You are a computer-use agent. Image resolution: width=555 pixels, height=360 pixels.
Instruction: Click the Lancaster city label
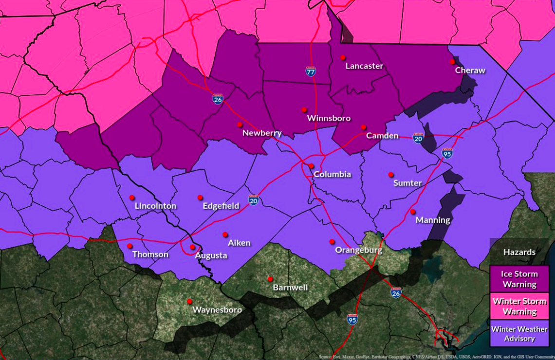point(364,66)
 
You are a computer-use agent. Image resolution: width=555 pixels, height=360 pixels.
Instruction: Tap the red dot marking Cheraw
point(452,62)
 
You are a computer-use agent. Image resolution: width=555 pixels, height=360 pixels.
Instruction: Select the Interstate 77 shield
point(311,72)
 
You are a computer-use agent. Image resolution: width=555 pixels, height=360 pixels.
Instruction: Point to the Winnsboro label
point(329,118)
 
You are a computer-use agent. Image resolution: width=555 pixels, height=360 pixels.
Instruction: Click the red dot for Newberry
point(240,125)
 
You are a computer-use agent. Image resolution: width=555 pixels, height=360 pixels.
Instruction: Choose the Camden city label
point(382,136)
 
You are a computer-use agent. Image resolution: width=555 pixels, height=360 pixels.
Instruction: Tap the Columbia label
point(332,175)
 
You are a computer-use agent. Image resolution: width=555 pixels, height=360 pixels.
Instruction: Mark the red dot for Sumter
point(390,175)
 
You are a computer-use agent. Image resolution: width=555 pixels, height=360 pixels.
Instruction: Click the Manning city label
point(433,220)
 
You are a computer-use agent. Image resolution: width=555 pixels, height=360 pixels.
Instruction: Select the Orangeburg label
point(358,251)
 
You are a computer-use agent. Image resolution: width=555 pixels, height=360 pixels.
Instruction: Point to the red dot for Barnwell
point(270,279)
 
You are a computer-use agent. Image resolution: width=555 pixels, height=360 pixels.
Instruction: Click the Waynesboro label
point(217,310)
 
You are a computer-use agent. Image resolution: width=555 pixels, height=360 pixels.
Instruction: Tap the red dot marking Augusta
point(193,247)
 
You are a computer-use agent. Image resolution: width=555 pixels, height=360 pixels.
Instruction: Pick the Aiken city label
point(239,243)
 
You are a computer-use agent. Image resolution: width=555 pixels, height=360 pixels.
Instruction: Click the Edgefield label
point(221,206)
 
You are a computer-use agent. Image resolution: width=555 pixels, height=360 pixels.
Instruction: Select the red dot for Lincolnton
point(131,198)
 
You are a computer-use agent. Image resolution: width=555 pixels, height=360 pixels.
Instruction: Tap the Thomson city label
point(150,254)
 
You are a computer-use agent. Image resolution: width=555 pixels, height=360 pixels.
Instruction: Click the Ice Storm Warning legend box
point(519,279)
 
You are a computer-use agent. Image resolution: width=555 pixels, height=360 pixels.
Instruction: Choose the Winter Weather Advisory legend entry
point(519,334)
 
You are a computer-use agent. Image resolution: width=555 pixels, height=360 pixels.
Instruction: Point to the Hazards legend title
point(519,252)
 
